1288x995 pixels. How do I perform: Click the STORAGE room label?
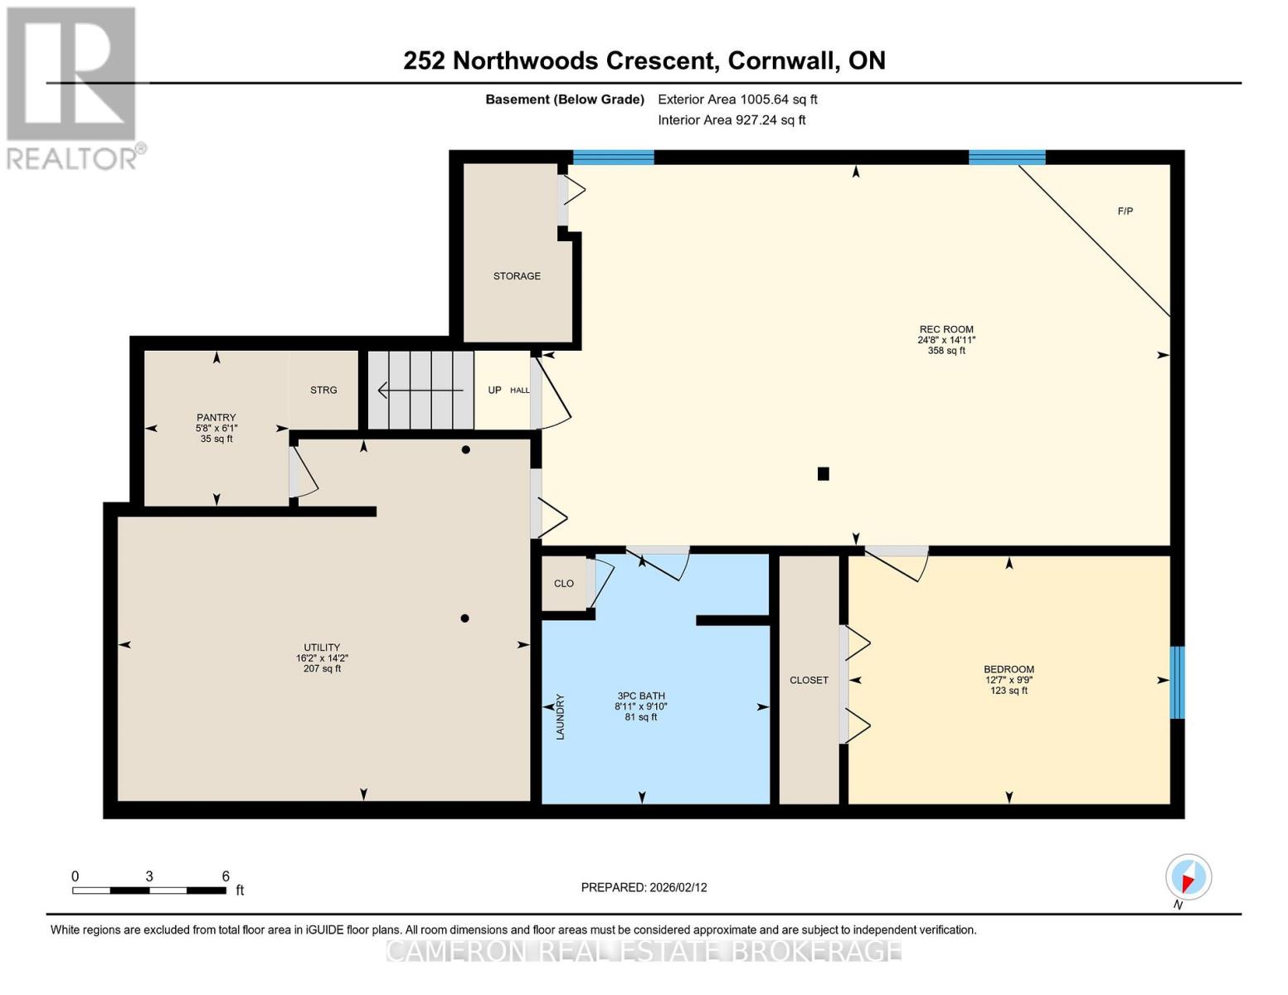517,276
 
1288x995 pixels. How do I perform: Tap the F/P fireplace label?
1125,211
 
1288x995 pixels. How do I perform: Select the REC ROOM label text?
946,329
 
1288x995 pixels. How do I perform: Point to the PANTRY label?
216,418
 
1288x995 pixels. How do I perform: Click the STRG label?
323,390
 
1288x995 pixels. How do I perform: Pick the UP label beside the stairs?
494,390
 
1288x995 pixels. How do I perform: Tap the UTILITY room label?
322,648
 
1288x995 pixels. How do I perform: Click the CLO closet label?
564,584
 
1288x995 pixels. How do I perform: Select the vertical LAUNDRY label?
560,716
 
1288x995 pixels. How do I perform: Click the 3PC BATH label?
641,696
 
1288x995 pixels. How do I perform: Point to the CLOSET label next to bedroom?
809,680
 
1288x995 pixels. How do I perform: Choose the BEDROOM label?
1009,669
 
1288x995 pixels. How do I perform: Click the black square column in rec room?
823,473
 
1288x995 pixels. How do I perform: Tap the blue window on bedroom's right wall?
1177,682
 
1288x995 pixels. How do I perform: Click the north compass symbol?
1188,878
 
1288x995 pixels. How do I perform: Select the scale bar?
149,891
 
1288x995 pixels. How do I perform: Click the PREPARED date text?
644,887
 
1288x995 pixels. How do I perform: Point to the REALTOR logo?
73,87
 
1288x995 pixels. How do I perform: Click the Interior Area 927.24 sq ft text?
731,120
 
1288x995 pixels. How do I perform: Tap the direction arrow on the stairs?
420,390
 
